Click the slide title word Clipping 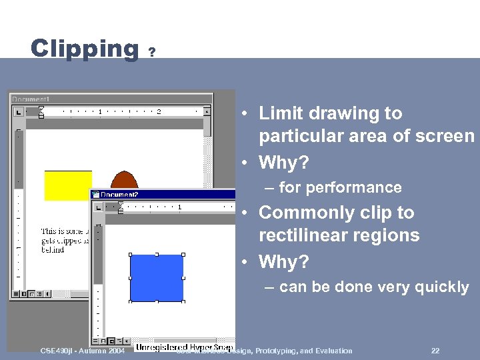click(x=84, y=49)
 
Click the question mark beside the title click(x=153, y=52)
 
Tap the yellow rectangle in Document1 click(x=67, y=185)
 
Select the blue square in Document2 click(x=157, y=278)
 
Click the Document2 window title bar click(x=163, y=195)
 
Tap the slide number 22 click(x=435, y=351)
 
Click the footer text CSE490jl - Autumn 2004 click(x=82, y=351)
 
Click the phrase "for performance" click(x=340, y=188)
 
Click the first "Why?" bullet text click(x=284, y=163)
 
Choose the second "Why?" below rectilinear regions click(x=284, y=262)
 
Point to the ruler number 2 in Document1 click(x=159, y=111)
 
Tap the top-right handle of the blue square click(x=183, y=255)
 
